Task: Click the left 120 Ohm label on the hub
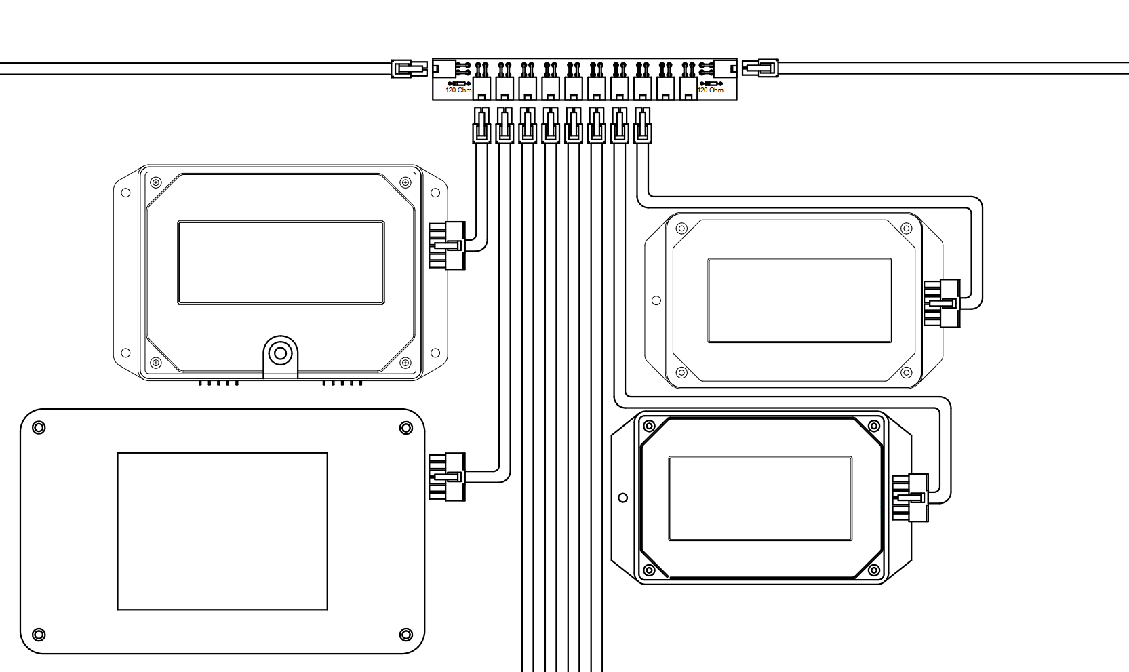point(458,90)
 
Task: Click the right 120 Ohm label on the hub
point(710,90)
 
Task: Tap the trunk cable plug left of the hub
point(409,68)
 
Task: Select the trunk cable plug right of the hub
point(761,68)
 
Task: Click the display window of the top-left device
point(281,262)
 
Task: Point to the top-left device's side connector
point(447,245)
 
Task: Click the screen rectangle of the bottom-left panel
point(222,532)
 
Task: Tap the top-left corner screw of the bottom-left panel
point(39,428)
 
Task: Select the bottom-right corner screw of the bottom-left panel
point(405,634)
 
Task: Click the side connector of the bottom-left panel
point(447,477)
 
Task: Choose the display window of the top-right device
point(799,301)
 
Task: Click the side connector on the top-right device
point(942,304)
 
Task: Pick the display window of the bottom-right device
point(760,498)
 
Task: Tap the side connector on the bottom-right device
point(910,498)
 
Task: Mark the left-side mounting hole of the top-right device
point(656,300)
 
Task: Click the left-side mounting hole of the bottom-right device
point(623,498)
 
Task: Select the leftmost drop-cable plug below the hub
point(481,125)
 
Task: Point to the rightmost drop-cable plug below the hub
point(642,125)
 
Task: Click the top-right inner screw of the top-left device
point(405,182)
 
